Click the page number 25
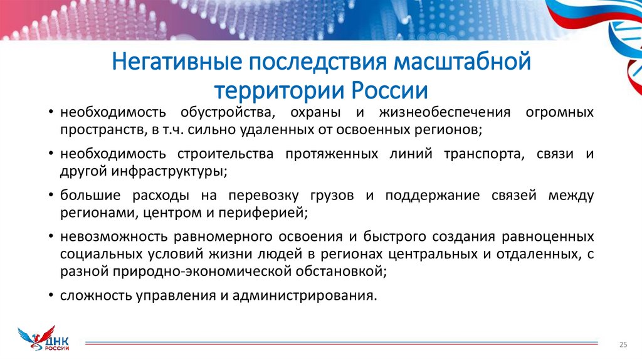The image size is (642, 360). point(623,344)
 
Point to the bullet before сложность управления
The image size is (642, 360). point(50,295)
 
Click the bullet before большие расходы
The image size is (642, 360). point(50,195)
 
